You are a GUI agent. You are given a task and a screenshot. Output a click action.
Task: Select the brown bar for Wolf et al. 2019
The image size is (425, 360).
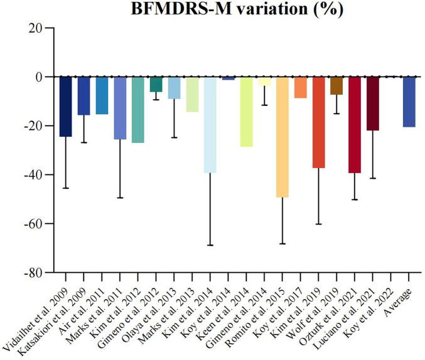pos(336,86)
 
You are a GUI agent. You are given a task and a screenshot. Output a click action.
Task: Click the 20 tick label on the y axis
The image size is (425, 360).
pos(42,28)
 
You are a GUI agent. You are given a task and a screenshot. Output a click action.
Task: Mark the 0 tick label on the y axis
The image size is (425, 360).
pos(45,77)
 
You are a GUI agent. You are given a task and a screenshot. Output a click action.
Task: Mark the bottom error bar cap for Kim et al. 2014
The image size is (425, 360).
pos(209,245)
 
